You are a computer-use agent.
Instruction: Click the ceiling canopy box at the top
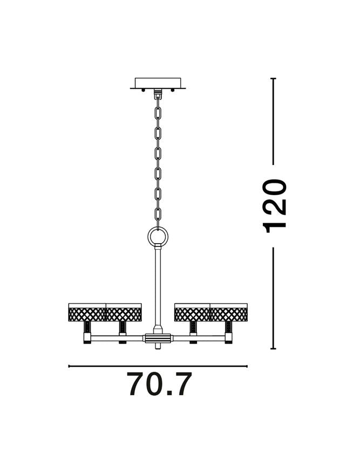coord(158,83)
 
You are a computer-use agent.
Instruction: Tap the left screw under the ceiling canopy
coord(143,90)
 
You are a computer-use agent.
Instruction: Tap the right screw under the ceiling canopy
coord(173,90)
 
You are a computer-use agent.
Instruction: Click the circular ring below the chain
coord(158,236)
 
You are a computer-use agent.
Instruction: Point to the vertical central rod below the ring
coord(158,286)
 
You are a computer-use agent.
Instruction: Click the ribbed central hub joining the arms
coord(158,339)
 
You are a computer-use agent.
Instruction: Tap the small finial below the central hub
coord(158,347)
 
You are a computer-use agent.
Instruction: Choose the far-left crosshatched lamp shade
coord(87,313)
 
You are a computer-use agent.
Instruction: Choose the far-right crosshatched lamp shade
coord(229,313)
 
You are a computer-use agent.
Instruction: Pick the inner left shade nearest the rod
coord(124,313)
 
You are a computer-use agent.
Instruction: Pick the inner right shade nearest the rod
coord(192,313)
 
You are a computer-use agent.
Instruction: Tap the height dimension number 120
coord(275,205)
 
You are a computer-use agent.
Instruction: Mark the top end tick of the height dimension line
coord(274,79)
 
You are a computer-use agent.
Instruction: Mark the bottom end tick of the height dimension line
coord(274,348)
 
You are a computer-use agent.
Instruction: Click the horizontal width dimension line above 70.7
coord(158,366)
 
